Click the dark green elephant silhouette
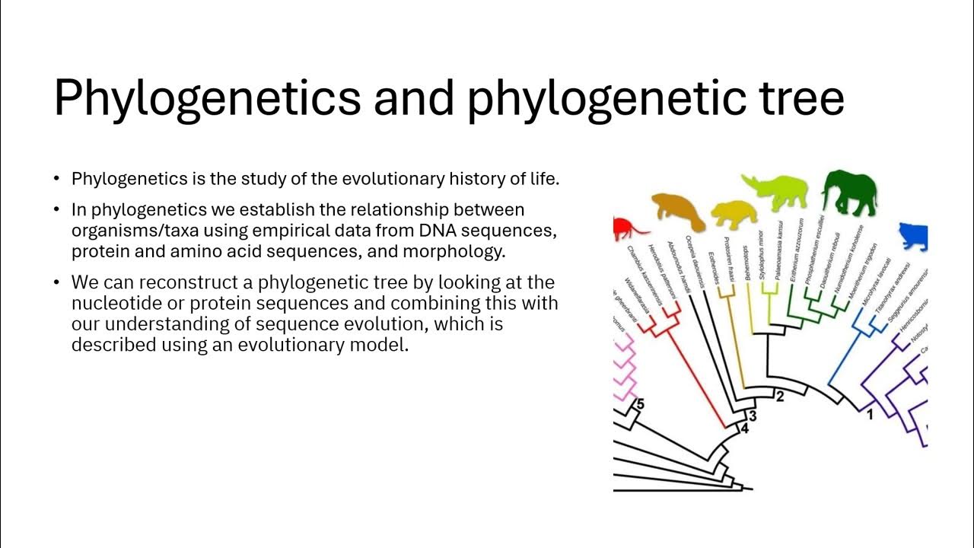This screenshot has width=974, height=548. (x=850, y=193)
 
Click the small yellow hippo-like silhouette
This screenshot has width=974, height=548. (x=734, y=215)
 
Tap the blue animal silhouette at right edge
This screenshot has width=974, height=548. (x=915, y=237)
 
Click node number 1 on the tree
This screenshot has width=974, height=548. (x=870, y=416)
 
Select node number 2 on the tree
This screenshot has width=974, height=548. (x=779, y=396)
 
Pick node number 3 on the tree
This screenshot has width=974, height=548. (x=753, y=416)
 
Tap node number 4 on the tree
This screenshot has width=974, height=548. (x=744, y=430)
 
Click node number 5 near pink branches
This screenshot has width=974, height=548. (x=639, y=404)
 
